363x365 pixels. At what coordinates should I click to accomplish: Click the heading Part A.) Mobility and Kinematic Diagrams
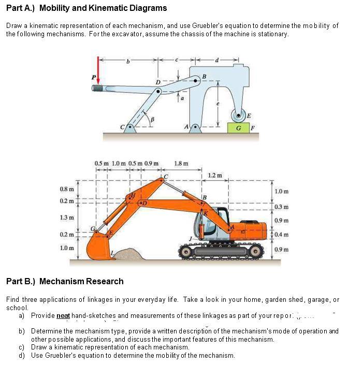point(86,8)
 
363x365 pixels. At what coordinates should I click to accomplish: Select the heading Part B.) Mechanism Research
point(65,281)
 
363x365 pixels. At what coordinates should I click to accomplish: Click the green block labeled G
point(238,127)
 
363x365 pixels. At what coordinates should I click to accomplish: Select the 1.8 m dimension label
point(182,164)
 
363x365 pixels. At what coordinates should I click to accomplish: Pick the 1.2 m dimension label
point(215,175)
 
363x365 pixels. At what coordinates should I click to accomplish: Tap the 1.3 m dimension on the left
point(66,217)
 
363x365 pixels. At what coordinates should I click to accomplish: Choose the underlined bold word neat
point(63,315)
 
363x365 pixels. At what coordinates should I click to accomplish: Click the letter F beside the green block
point(253,127)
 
